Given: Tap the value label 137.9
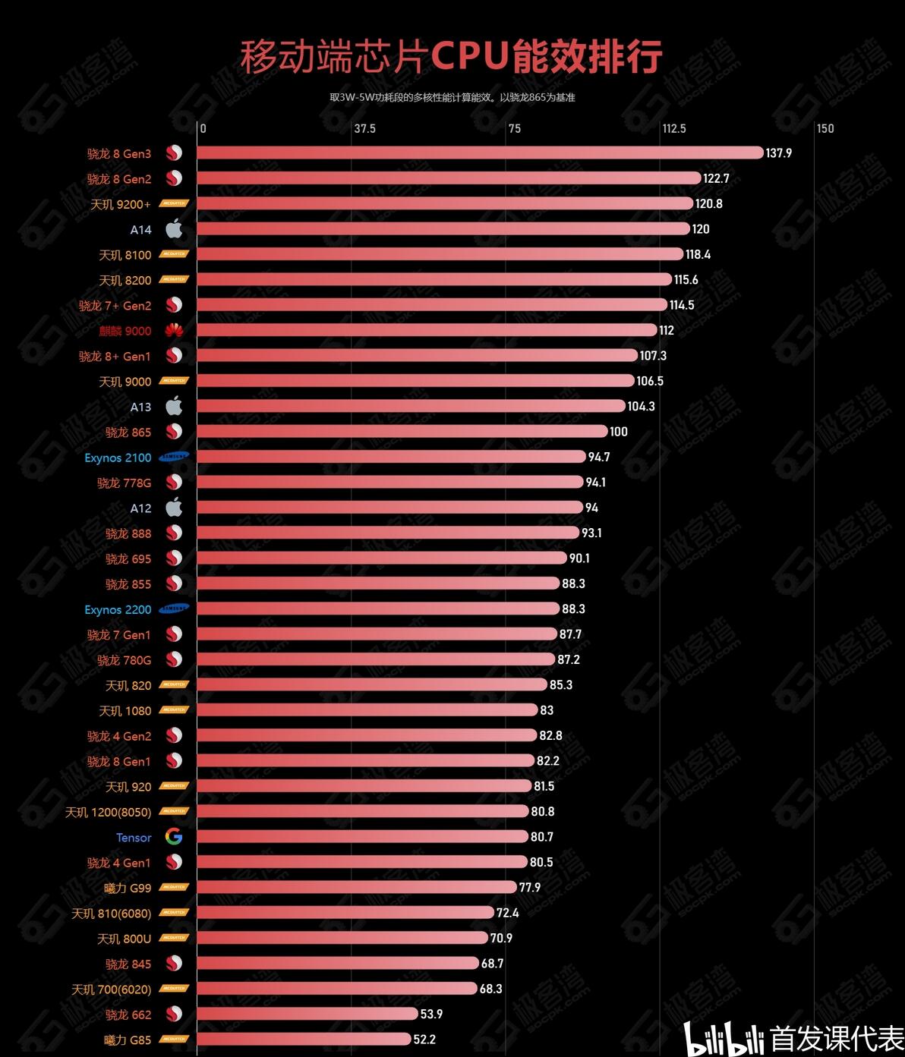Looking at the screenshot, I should point(778,153).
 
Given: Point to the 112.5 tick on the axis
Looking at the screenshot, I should point(673,128).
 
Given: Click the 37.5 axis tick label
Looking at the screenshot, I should point(364,128).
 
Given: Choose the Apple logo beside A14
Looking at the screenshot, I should point(174,228).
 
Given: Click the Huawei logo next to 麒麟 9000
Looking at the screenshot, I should point(174,330).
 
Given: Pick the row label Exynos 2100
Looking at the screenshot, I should point(118,458).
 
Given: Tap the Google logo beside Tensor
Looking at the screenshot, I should point(174,837).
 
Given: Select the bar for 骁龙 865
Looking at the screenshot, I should point(402,432).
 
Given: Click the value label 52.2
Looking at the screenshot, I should point(424,1040).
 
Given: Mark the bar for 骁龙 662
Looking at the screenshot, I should point(307,1014).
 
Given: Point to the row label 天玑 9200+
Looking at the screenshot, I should point(121,204).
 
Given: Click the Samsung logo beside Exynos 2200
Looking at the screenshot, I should point(174,609).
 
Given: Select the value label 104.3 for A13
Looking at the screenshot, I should point(641,407).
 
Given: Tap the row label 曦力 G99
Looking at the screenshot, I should point(128,888).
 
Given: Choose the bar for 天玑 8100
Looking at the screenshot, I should point(440,254).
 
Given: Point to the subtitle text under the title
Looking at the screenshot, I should point(452,97).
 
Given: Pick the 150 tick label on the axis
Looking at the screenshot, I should point(825,128).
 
